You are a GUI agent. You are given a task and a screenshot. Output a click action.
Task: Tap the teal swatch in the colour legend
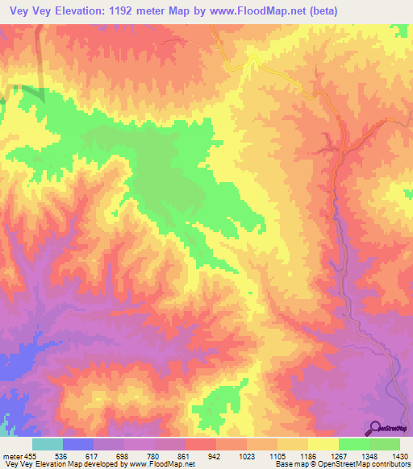click(x=48, y=444)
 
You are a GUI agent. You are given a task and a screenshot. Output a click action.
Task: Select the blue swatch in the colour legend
click(x=78, y=444)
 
